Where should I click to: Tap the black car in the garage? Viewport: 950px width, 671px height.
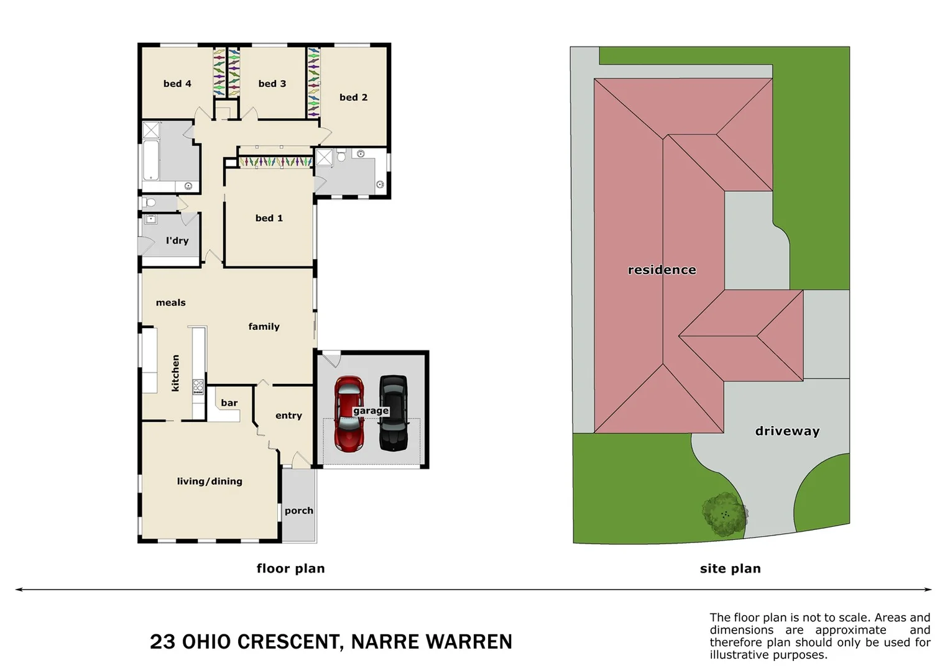pyautogui.click(x=393, y=413)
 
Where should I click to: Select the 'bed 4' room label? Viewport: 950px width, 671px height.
pyautogui.click(x=177, y=84)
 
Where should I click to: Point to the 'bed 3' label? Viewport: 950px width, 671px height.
pyautogui.click(x=272, y=84)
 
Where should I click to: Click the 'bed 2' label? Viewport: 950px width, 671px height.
pyautogui.click(x=353, y=98)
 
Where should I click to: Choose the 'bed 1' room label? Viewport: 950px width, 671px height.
pyautogui.click(x=269, y=218)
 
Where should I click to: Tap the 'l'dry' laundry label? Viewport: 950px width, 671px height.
pyautogui.click(x=177, y=240)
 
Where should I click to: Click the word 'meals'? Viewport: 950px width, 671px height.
pyautogui.click(x=170, y=303)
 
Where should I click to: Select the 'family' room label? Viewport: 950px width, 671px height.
pyautogui.click(x=264, y=327)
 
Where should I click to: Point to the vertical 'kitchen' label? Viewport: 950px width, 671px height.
pyautogui.click(x=175, y=373)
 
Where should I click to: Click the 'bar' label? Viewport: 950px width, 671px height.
pyautogui.click(x=229, y=403)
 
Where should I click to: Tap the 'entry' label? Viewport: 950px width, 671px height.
pyautogui.click(x=288, y=416)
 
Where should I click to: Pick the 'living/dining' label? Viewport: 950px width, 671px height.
pyautogui.click(x=210, y=482)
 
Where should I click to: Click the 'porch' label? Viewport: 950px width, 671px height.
pyautogui.click(x=299, y=511)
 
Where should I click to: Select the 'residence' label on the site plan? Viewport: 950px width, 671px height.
pyautogui.click(x=662, y=270)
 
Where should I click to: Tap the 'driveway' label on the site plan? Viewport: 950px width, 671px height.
pyautogui.click(x=787, y=431)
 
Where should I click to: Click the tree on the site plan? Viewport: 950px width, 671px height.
pyautogui.click(x=724, y=514)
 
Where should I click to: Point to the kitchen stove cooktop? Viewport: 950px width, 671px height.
pyautogui.click(x=198, y=388)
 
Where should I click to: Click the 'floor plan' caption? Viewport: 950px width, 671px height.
pyautogui.click(x=290, y=568)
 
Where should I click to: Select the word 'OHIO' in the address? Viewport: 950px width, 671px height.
pyautogui.click(x=206, y=642)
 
